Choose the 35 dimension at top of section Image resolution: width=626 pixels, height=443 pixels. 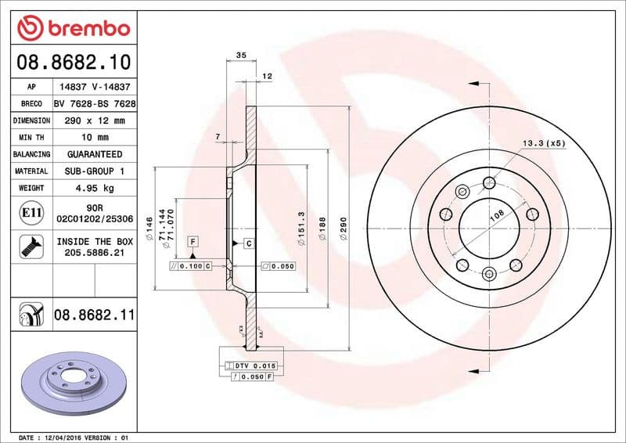coord(241,55)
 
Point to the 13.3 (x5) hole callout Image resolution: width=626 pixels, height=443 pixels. coord(543,143)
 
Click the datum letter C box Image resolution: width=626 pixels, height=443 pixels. coord(248,243)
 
